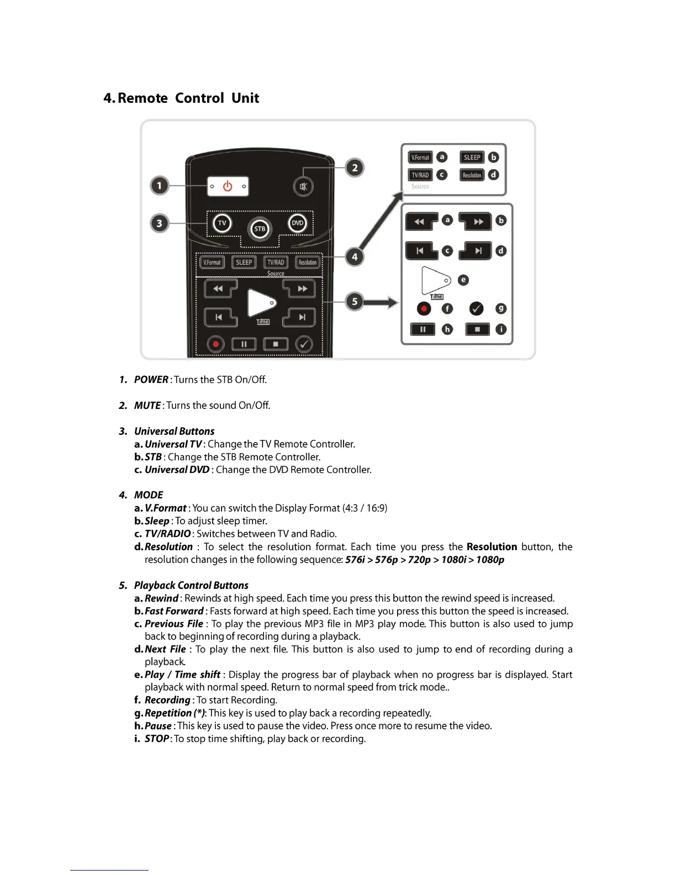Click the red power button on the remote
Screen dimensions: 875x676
coord(228,187)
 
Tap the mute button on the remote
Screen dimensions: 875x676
coord(303,186)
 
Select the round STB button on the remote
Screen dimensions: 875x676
coord(260,229)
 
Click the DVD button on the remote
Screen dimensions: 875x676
coord(298,223)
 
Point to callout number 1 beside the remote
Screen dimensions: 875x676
coord(160,186)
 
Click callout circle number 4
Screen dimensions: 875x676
coord(355,257)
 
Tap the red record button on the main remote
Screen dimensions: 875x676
coord(216,344)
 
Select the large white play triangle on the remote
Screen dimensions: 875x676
coord(260,303)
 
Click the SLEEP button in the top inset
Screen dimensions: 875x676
coord(472,157)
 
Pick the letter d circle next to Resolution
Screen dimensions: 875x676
coord(494,175)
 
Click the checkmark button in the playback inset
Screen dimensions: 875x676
coord(476,308)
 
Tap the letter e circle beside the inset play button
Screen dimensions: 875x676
coord(463,280)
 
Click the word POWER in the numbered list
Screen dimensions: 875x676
coord(151,379)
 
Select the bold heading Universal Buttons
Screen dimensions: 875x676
coord(174,431)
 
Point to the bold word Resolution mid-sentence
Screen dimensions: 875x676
coord(492,547)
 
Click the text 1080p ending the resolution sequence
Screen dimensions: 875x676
coord(490,560)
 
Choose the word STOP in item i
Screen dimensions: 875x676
coord(157,739)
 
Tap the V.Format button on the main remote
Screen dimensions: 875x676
coord(212,262)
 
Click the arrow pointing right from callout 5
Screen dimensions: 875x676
coord(381,302)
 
